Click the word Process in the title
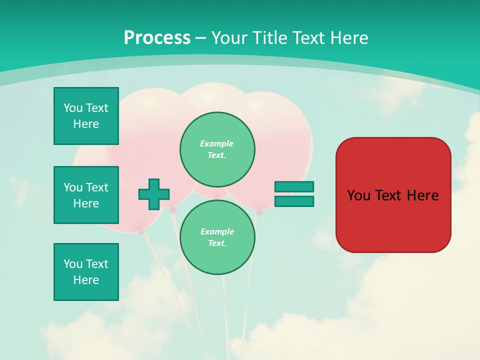coord(157,38)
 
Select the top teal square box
coord(86,116)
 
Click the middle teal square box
coord(86,195)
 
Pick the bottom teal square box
coord(86,272)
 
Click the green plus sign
coord(154,194)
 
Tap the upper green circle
coord(217,149)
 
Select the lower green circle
coord(217,237)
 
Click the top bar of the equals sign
coord(294,186)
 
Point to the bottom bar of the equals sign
coord(294,201)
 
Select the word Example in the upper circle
coord(217,143)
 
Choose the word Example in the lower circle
coord(217,231)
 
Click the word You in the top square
coord(72,108)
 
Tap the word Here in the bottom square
coord(86,280)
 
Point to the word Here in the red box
coord(422,195)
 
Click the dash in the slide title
coord(200,38)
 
